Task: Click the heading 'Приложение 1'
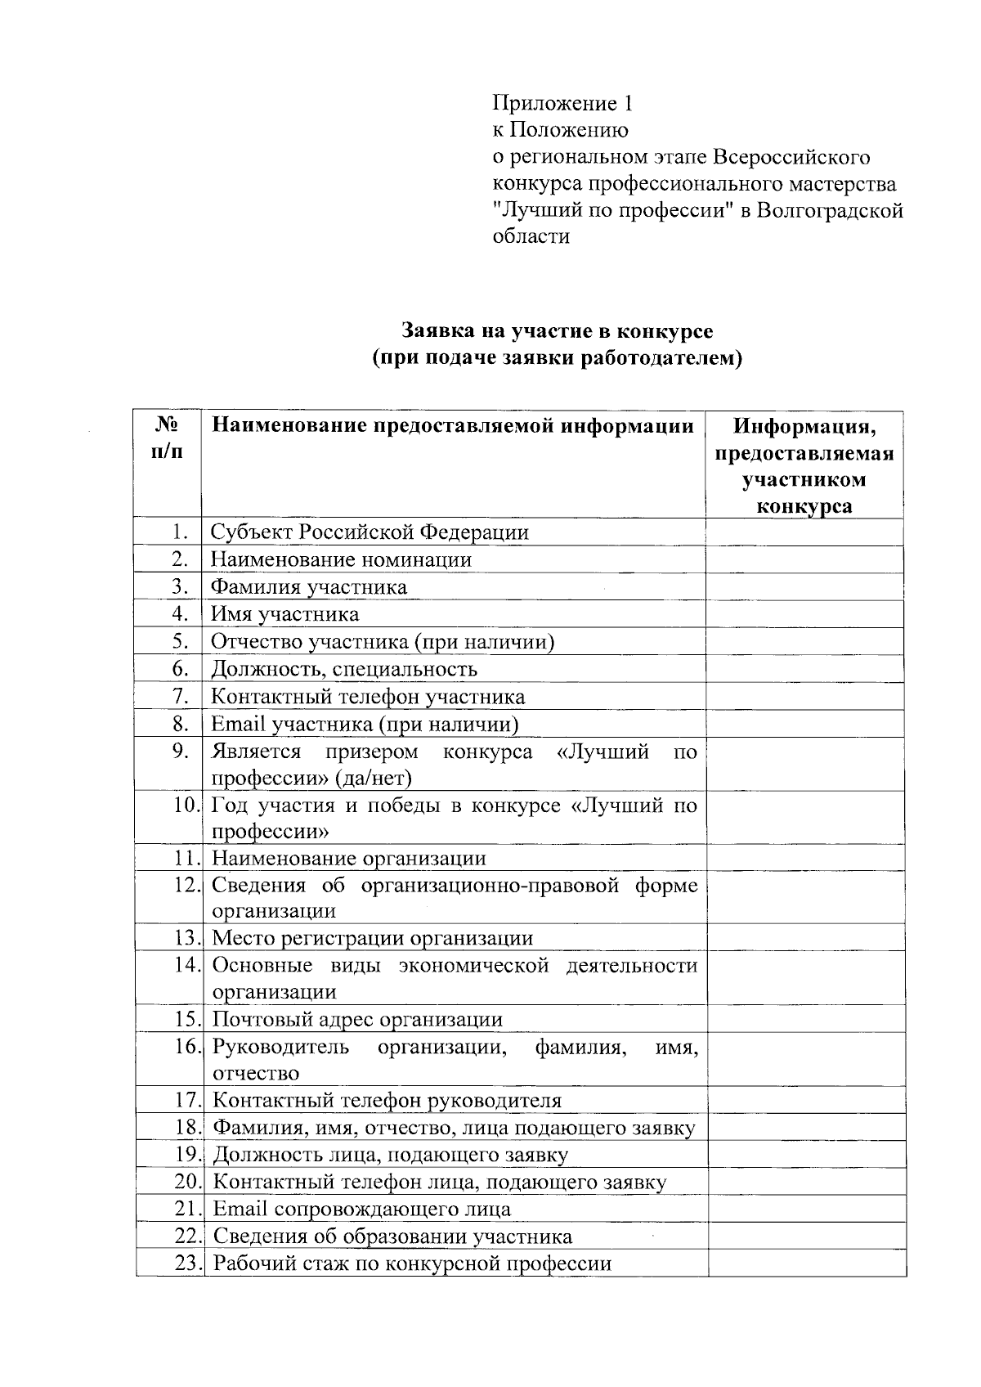coord(562,103)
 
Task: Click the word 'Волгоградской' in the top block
coord(830,210)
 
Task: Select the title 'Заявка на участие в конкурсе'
coord(557,331)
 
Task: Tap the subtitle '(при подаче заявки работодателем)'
coord(557,358)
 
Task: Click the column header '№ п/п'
coord(168,438)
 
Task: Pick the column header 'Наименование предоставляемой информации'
coord(452,425)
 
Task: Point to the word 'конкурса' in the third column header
coord(804,506)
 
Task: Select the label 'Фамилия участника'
coord(309,587)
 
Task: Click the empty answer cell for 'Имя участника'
coord(804,614)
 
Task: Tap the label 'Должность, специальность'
coord(344,669)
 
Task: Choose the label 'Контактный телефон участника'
coord(368,697)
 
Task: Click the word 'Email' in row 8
coord(238,724)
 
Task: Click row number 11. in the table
coord(186,858)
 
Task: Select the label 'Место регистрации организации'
coord(373,938)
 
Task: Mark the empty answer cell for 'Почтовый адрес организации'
coord(806,1019)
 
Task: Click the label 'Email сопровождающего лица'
coord(362,1209)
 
